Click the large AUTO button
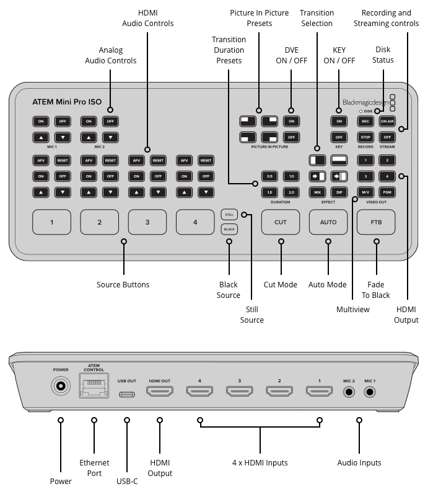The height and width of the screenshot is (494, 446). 328,222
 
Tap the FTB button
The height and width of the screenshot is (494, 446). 375,222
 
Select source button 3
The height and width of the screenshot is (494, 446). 147,222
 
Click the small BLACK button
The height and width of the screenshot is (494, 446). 229,229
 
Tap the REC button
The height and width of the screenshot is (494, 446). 365,121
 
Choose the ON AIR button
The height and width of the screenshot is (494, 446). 388,121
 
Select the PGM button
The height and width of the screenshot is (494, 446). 388,192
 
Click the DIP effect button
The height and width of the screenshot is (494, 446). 339,192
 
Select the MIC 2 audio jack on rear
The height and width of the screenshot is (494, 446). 349,392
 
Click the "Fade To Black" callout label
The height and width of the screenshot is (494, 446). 375,290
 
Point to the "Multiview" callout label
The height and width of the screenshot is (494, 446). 352,308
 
